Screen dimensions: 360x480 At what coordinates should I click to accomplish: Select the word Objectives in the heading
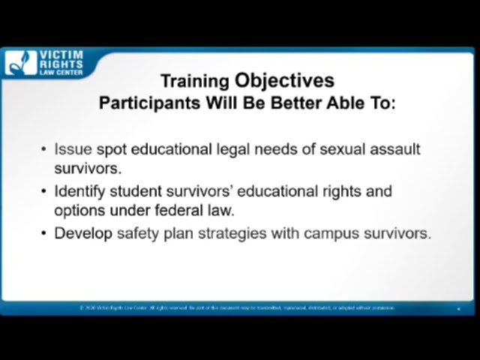click(x=284, y=80)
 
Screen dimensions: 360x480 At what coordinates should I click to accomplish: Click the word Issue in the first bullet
click(x=73, y=149)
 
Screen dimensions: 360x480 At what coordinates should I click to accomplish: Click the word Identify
click(x=80, y=191)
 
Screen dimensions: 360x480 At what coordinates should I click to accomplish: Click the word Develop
click(x=83, y=233)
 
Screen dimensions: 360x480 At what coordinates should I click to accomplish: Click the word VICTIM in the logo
click(x=61, y=55)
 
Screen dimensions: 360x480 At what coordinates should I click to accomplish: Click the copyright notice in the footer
click(x=236, y=307)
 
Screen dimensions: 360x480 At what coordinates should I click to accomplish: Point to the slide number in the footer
click(x=458, y=308)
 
